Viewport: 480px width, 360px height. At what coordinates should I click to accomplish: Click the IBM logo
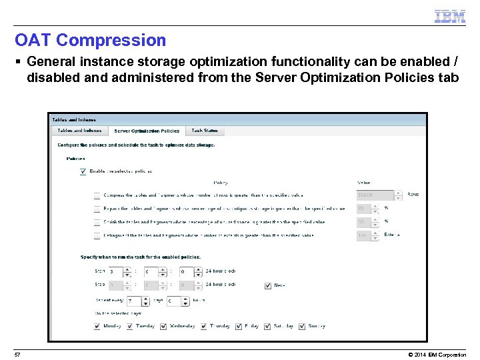tap(450, 17)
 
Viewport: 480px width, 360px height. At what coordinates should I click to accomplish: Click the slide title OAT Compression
tap(90, 40)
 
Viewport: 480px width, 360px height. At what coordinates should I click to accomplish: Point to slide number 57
tap(17, 354)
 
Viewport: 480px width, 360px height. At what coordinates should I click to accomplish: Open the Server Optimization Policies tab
tap(146, 131)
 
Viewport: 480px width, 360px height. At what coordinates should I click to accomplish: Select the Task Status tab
tap(205, 131)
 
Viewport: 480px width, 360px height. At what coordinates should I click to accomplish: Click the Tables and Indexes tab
tap(79, 131)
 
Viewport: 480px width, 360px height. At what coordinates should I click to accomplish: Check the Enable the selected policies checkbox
tap(83, 171)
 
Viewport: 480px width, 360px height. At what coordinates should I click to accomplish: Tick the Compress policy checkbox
tap(97, 195)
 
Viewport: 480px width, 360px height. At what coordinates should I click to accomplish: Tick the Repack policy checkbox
tap(97, 209)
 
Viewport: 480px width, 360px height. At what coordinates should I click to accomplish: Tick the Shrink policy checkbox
tap(97, 222)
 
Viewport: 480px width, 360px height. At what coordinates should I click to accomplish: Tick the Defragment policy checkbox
tap(97, 235)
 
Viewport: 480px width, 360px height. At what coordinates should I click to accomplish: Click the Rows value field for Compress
tap(375, 195)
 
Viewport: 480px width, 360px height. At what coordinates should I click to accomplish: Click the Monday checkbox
tap(97, 326)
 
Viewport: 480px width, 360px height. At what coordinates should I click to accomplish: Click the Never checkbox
tap(268, 285)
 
